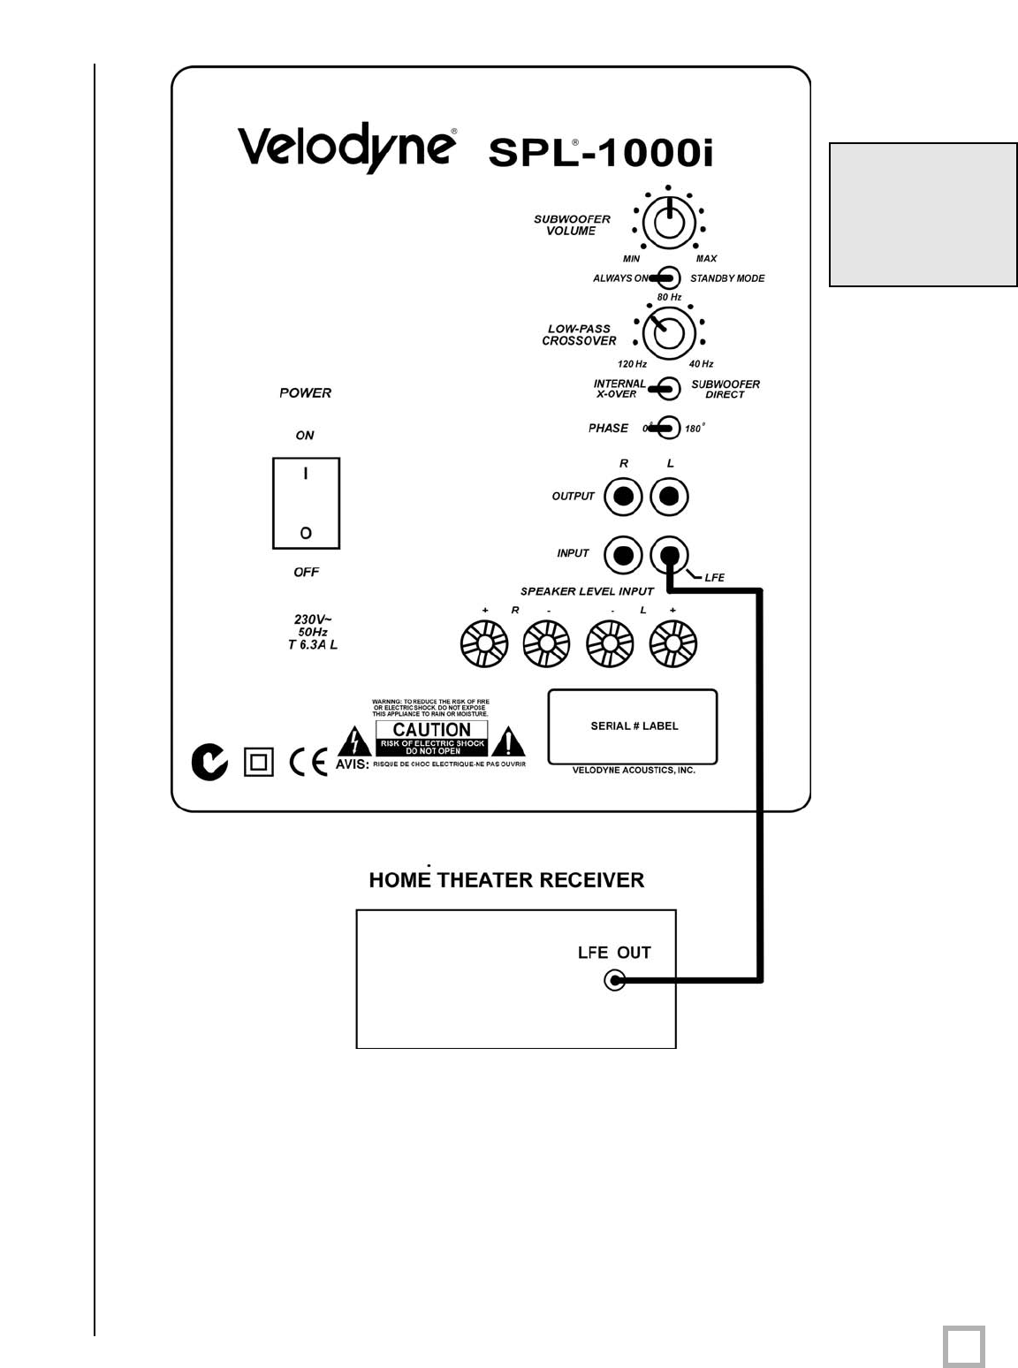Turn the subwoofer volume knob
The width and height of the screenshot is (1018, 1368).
[669, 221]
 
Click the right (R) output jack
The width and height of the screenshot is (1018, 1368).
[623, 497]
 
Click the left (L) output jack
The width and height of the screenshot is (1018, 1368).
[669, 497]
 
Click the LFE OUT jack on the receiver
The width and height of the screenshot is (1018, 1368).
[614, 980]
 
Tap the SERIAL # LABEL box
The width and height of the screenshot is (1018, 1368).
[633, 726]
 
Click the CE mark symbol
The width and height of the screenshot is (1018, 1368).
[308, 761]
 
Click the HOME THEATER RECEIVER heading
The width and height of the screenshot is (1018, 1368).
[506, 880]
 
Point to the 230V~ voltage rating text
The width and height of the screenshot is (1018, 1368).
[312, 620]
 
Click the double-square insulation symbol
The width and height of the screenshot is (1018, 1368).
[258, 762]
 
